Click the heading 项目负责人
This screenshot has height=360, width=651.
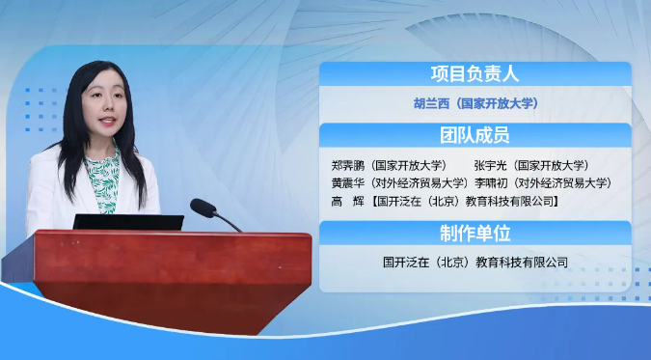click(x=475, y=74)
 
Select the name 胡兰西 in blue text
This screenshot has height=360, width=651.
click(x=431, y=103)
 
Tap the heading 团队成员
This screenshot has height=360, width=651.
click(x=475, y=135)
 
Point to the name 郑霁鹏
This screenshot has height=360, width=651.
click(x=348, y=165)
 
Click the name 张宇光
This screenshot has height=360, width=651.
click(x=490, y=165)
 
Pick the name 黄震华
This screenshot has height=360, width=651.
click(x=348, y=183)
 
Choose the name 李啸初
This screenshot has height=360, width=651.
click(x=491, y=183)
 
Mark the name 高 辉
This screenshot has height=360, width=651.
click(x=348, y=201)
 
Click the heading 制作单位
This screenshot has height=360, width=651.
click(x=475, y=234)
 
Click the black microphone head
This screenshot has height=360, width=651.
click(x=203, y=208)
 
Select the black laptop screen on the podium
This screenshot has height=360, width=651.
click(x=128, y=222)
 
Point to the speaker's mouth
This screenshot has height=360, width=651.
click(x=107, y=121)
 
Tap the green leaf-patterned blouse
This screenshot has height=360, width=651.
click(x=103, y=179)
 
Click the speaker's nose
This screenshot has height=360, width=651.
click(x=105, y=107)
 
